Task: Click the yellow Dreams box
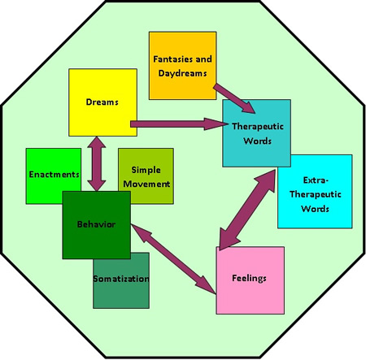click(x=102, y=102)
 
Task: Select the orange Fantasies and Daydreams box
click(x=183, y=66)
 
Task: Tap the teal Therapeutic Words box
click(x=256, y=133)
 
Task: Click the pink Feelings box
click(x=250, y=280)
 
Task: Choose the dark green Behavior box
click(x=97, y=225)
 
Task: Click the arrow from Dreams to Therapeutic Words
click(x=179, y=124)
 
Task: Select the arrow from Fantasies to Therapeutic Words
click(x=234, y=98)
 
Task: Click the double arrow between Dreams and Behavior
click(x=97, y=163)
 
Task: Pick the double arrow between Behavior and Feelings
click(x=173, y=259)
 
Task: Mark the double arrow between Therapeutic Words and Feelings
click(x=247, y=210)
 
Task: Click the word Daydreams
click(x=182, y=73)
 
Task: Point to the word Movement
click(x=146, y=184)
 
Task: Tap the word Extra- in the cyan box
click(x=316, y=180)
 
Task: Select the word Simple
click(x=146, y=170)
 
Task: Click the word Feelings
click(x=249, y=279)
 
